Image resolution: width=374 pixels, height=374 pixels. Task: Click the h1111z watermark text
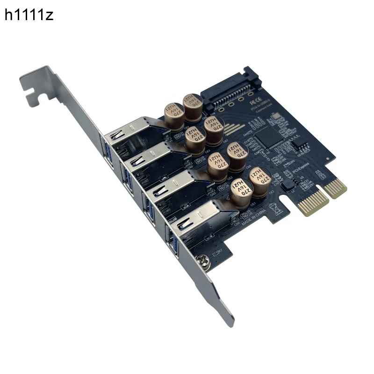click(29, 15)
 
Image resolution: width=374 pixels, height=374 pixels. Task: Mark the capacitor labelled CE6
click(236, 157)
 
